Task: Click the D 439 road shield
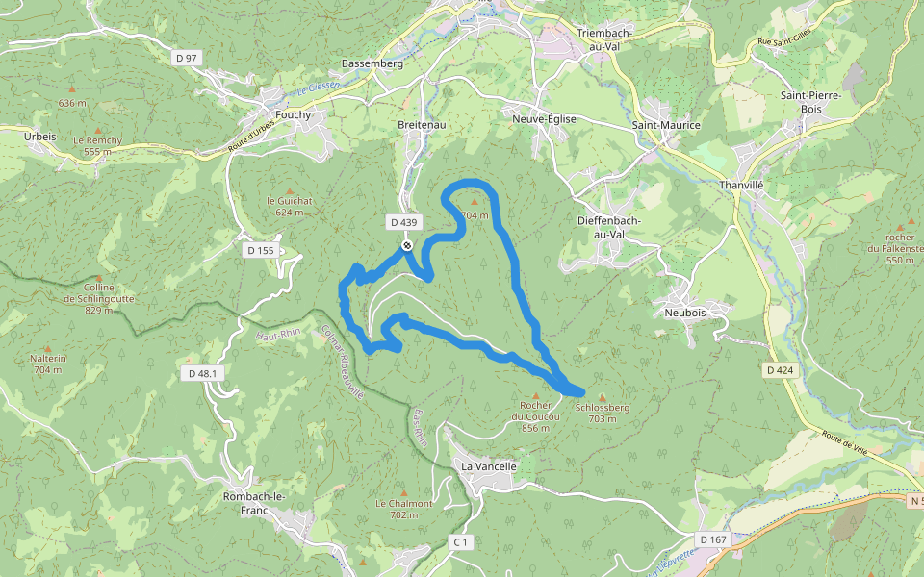(x=404, y=222)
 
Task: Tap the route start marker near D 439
(x=407, y=246)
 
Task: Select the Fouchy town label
(x=294, y=115)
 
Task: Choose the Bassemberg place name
(x=372, y=63)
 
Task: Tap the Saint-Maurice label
(x=666, y=125)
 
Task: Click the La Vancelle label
(x=489, y=466)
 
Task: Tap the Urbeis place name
(x=39, y=137)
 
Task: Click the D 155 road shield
(x=261, y=251)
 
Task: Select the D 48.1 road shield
(x=205, y=373)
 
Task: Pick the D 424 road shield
(x=781, y=369)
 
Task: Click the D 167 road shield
(x=713, y=539)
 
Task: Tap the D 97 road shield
(x=187, y=59)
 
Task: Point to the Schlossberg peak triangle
(x=603, y=396)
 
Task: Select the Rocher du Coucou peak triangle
(x=536, y=395)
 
